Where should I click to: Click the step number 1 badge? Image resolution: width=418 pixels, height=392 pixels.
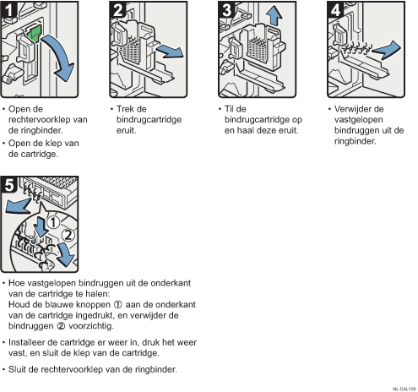click(x=8, y=9)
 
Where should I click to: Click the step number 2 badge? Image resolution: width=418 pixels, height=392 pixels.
click(x=117, y=9)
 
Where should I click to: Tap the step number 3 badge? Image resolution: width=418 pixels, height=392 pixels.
click(x=226, y=9)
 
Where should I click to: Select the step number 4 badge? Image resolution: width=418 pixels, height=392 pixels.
click(x=335, y=9)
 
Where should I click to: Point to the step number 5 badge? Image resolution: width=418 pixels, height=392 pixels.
click(x=8, y=185)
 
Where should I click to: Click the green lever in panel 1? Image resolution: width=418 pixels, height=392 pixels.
click(x=35, y=33)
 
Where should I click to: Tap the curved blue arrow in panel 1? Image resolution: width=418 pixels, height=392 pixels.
click(x=61, y=57)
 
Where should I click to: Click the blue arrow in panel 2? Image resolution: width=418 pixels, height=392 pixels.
click(x=170, y=52)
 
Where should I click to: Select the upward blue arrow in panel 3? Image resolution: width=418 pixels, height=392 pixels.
click(x=274, y=16)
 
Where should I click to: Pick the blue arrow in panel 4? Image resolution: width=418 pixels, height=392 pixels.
click(x=386, y=50)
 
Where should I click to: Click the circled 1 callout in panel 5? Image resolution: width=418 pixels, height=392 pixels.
click(x=53, y=223)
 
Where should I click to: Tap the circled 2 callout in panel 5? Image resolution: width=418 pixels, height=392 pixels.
click(x=68, y=235)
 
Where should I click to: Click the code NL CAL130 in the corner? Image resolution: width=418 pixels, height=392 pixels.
click(x=404, y=389)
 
